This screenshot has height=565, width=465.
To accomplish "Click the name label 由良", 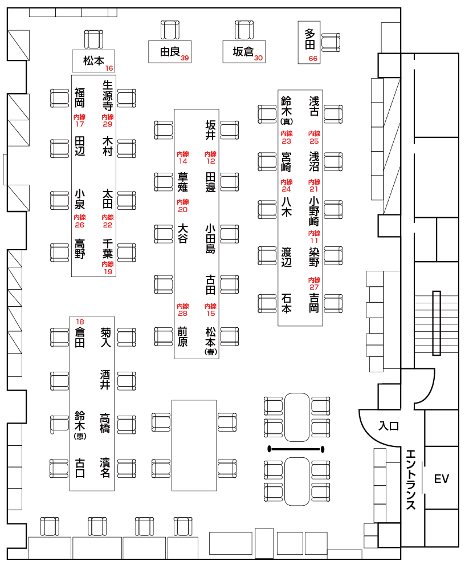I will [x=170, y=51].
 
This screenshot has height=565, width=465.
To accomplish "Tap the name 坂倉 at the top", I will [x=243, y=51].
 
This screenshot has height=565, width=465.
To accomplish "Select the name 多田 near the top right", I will [x=309, y=39].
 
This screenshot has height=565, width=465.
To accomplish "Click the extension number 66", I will [x=313, y=59].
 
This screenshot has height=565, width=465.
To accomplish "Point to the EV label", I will [x=442, y=479].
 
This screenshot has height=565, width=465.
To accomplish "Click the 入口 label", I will [x=389, y=426].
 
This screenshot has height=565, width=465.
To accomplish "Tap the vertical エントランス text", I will [x=411, y=479].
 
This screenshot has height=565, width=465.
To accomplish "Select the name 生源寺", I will [x=108, y=95].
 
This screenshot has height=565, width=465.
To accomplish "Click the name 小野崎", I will [x=314, y=212].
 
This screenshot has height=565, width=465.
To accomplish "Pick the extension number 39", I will [x=185, y=58].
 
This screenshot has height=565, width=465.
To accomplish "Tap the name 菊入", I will [x=105, y=337].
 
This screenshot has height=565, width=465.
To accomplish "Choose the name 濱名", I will [x=105, y=468].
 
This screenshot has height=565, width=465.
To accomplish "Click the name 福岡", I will [x=80, y=98].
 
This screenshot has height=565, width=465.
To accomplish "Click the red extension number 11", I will [x=314, y=240].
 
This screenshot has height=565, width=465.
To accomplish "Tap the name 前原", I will [x=182, y=336].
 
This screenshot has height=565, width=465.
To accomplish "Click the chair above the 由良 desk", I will [x=170, y=30].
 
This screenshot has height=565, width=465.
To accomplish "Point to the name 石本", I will [x=287, y=303].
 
